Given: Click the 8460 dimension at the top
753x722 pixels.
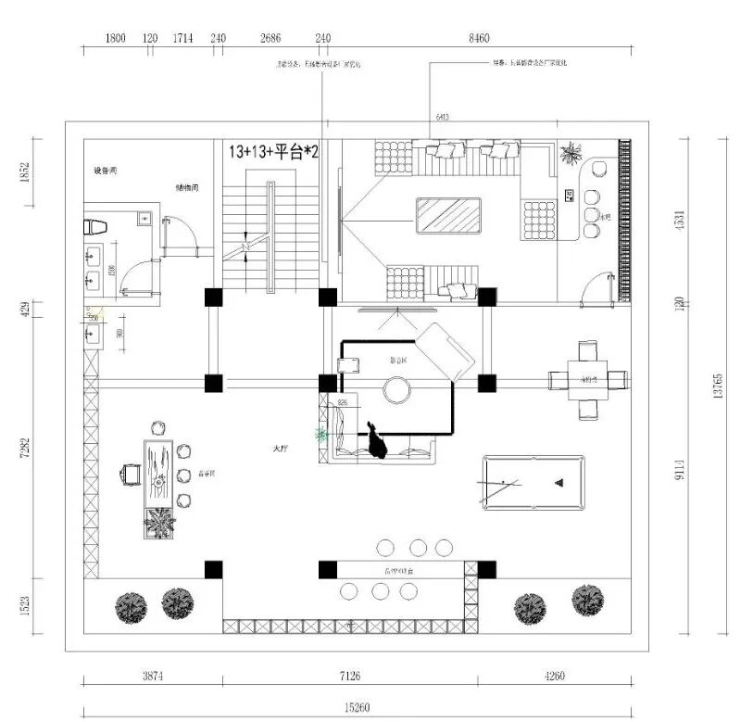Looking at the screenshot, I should [x=479, y=38].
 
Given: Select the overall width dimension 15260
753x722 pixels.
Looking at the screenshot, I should [x=358, y=708].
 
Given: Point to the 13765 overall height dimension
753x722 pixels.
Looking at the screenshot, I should [x=719, y=386].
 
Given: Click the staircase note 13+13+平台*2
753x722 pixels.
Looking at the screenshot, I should [x=273, y=152].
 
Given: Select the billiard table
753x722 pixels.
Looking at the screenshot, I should [x=533, y=482].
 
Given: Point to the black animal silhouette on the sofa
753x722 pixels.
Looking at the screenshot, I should [x=376, y=441].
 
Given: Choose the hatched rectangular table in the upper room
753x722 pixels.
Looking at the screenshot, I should [x=449, y=219].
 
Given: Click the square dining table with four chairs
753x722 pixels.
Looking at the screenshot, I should [x=587, y=380].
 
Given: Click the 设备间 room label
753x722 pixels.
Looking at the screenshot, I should [x=105, y=171].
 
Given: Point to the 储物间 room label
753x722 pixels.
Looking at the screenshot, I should [x=187, y=187].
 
